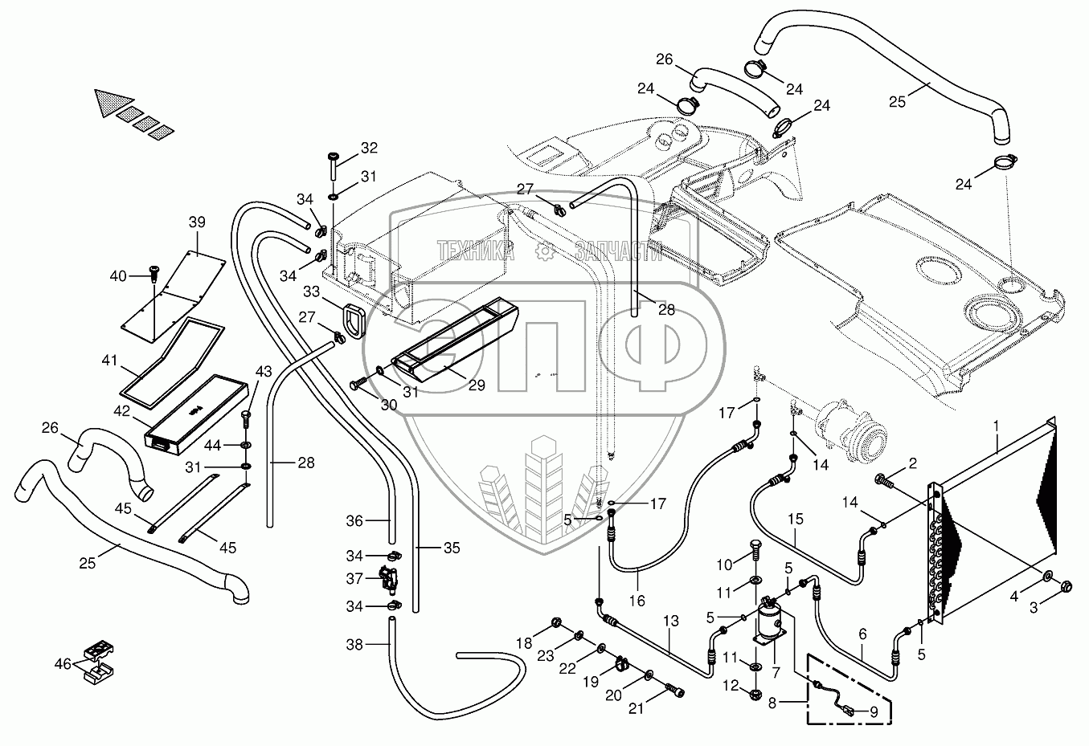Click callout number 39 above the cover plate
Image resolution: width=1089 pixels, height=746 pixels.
[x=197, y=222]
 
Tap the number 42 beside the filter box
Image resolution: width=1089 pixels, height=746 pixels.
[x=121, y=411]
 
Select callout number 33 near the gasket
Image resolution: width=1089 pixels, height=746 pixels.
[x=311, y=291]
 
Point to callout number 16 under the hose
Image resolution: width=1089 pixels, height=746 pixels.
[x=637, y=601]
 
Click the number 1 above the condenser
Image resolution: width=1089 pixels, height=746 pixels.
[x=996, y=426]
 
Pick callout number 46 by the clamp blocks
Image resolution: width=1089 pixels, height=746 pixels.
[x=63, y=664]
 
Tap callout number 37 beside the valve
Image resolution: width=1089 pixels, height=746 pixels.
[x=355, y=579]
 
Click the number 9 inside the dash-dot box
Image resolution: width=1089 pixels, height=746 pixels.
[x=874, y=712]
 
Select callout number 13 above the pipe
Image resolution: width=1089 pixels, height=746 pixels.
[x=671, y=622]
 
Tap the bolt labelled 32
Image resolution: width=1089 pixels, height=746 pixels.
[x=334, y=165]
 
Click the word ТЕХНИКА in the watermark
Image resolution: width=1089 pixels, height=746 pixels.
[x=476, y=251]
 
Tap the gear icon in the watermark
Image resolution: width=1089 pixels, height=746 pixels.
[x=545, y=251]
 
